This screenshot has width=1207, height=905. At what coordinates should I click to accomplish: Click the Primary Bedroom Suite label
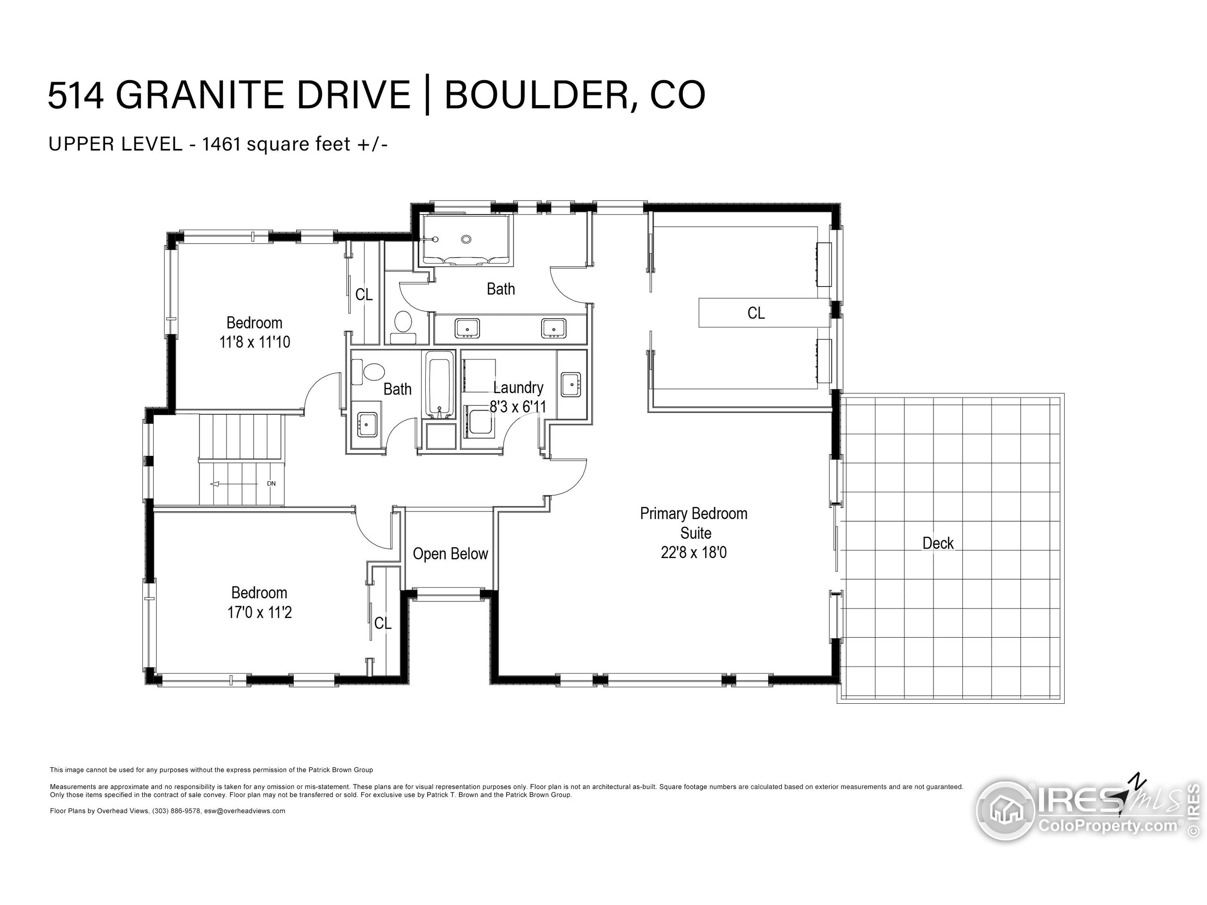tap(694, 523)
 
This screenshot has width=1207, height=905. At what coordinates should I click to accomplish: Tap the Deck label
tap(938, 543)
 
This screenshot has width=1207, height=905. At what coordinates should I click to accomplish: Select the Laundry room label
tap(518, 387)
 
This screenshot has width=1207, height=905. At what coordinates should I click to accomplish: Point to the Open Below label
tap(450, 554)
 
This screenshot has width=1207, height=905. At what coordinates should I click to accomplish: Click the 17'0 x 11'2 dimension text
tap(260, 613)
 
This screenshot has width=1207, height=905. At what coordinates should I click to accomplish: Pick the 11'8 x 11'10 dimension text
tap(255, 342)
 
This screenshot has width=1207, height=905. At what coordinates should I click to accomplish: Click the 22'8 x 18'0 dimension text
tap(694, 552)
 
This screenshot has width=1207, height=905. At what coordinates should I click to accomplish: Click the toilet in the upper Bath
tap(403, 321)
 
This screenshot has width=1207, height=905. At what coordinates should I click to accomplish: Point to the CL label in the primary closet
tap(756, 313)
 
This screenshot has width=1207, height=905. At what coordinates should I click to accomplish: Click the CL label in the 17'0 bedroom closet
tap(382, 623)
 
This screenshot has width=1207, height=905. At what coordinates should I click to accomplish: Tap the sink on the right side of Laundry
tap(571, 384)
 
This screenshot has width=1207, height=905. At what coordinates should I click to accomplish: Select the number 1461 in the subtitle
tap(222, 144)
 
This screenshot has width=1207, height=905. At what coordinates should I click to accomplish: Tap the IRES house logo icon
tap(1006, 810)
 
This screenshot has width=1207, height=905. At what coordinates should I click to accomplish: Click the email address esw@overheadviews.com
tap(244, 811)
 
